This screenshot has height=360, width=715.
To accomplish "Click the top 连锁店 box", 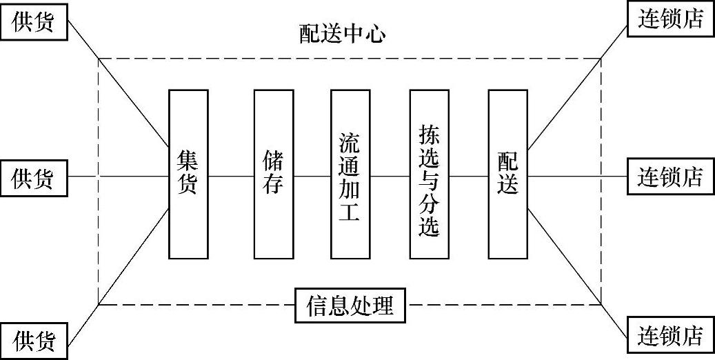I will pos(669,19).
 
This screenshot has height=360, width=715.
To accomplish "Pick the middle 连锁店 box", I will pos(669,177).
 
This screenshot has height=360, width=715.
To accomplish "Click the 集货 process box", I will pos(188,174).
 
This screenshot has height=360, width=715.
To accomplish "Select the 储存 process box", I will pos(274,174).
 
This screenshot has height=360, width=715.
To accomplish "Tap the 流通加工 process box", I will pos(350,174).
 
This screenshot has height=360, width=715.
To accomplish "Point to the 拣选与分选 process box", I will pos(429,174).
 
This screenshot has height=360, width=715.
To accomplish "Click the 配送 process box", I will pos(508,174).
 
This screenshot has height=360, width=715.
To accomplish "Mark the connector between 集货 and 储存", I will pos(231,177).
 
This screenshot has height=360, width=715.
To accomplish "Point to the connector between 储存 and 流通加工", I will pos(312,177).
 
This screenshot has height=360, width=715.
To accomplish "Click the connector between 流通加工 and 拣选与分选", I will pos(390,177).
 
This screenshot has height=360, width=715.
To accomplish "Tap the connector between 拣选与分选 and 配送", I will pos(469,177).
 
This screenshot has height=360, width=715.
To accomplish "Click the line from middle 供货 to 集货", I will pos(117,177).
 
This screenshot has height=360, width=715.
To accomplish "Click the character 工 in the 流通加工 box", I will pos(350,211).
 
